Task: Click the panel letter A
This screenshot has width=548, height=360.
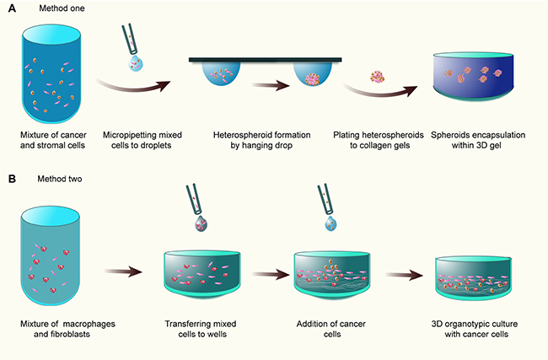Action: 11,10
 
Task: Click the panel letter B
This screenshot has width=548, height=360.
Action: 11,180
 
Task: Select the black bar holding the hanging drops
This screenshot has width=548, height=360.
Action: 265,59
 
